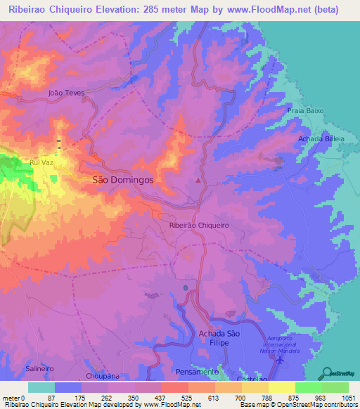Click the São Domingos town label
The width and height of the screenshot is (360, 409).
(123, 180)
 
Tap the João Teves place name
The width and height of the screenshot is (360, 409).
(66, 92)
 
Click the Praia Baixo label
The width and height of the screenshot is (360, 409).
(304, 111)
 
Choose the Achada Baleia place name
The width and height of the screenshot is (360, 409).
(321, 139)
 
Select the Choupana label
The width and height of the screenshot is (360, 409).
(98, 376)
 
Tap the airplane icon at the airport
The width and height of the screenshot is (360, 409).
(281, 360)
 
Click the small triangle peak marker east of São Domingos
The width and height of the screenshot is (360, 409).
(198, 181)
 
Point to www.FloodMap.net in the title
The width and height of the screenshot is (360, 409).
(277, 10)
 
